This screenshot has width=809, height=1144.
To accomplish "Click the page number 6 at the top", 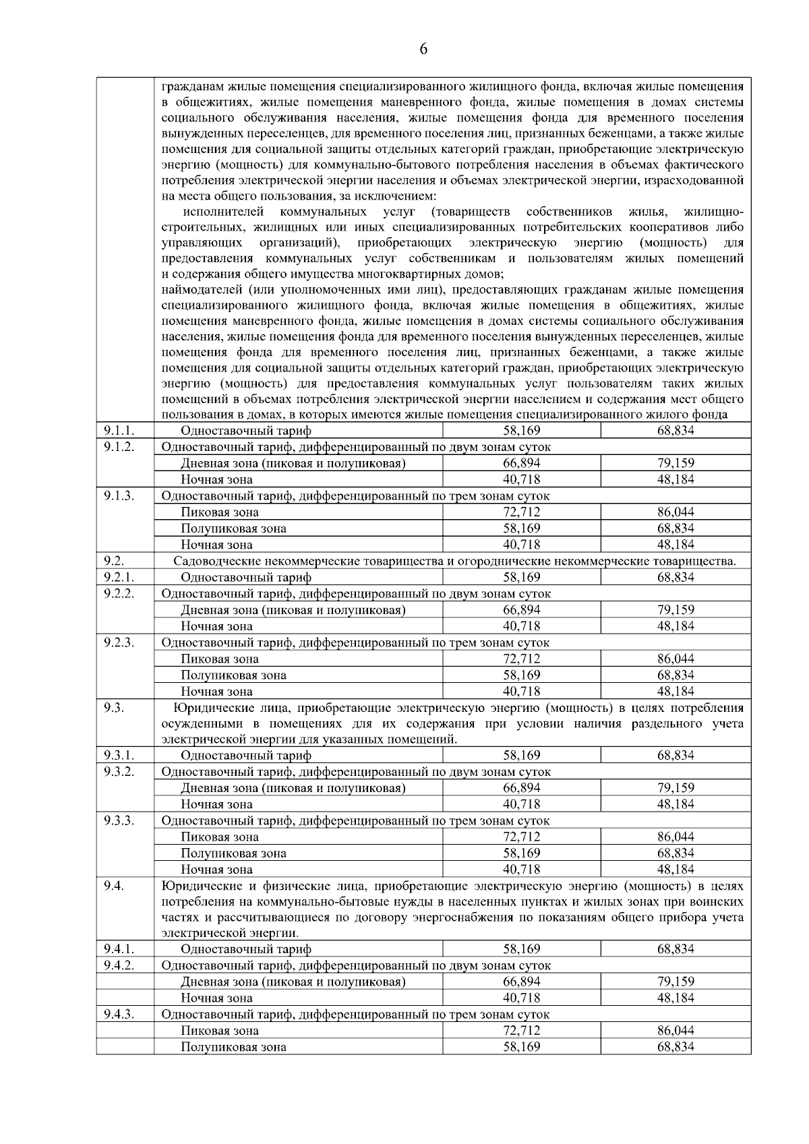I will click(x=423, y=49).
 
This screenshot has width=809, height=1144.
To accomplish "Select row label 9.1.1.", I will click(x=119, y=430).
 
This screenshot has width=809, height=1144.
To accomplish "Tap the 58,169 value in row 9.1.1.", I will click(x=521, y=430).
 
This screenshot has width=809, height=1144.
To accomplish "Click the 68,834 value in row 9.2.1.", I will click(x=676, y=577).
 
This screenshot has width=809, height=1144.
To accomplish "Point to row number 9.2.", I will click(x=114, y=561).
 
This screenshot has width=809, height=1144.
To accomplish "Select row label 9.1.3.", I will click(x=119, y=495).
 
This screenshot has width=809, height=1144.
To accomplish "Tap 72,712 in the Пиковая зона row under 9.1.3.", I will click(x=521, y=512).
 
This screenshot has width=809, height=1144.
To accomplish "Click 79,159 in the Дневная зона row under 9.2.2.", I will click(x=676, y=610).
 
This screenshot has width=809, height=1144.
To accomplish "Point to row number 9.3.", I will click(x=114, y=708).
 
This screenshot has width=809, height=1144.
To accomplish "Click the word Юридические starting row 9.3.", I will click(x=206, y=708).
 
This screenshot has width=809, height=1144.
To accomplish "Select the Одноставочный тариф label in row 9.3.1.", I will click(x=245, y=756).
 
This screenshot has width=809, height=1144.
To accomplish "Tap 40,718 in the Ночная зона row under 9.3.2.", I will click(x=521, y=804).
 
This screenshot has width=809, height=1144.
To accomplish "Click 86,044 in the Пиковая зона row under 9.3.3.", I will click(x=676, y=837).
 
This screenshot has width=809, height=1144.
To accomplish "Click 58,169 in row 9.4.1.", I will click(x=521, y=949).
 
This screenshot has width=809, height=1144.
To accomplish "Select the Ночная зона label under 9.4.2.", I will click(x=216, y=998).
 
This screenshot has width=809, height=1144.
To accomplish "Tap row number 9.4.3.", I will click(x=119, y=1015).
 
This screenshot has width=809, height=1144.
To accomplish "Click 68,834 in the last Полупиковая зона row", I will click(x=676, y=1048).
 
